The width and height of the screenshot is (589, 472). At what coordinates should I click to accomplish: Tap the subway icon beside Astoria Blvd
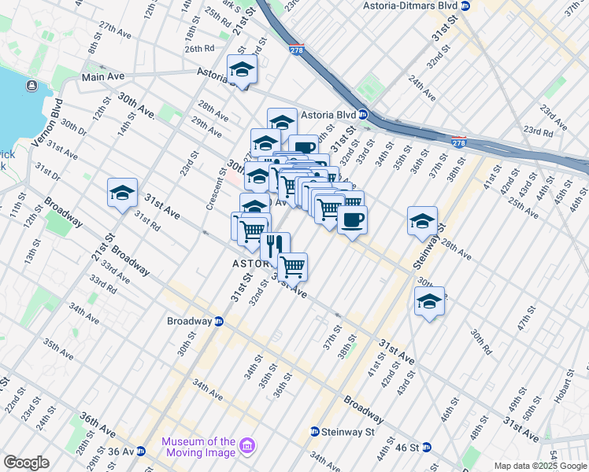(x=363, y=113)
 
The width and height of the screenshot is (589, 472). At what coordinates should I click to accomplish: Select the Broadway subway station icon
(x=219, y=321)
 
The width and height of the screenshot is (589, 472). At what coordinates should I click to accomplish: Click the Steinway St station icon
(x=315, y=431)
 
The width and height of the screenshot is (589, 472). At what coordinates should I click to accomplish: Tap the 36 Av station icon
(x=140, y=452)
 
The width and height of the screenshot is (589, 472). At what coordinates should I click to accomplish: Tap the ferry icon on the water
(x=31, y=85)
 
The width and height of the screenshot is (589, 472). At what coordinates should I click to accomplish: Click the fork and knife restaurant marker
(x=275, y=245)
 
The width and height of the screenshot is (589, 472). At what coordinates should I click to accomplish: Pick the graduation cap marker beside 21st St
(x=122, y=193)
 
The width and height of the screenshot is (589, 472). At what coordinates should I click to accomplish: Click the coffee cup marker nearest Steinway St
(x=352, y=219)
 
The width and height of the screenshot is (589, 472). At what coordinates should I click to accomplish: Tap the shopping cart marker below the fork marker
(x=292, y=266)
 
